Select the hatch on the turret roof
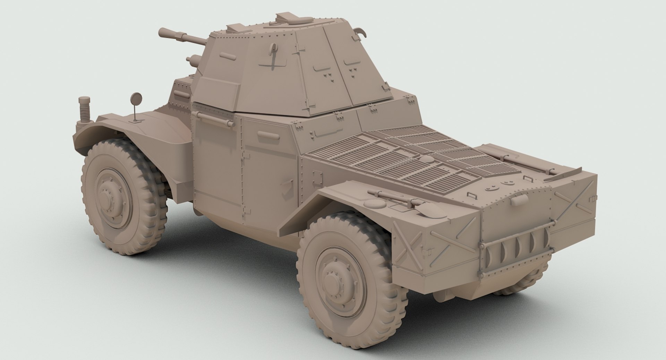click(291, 18)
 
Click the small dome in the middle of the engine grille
click(425, 158)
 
